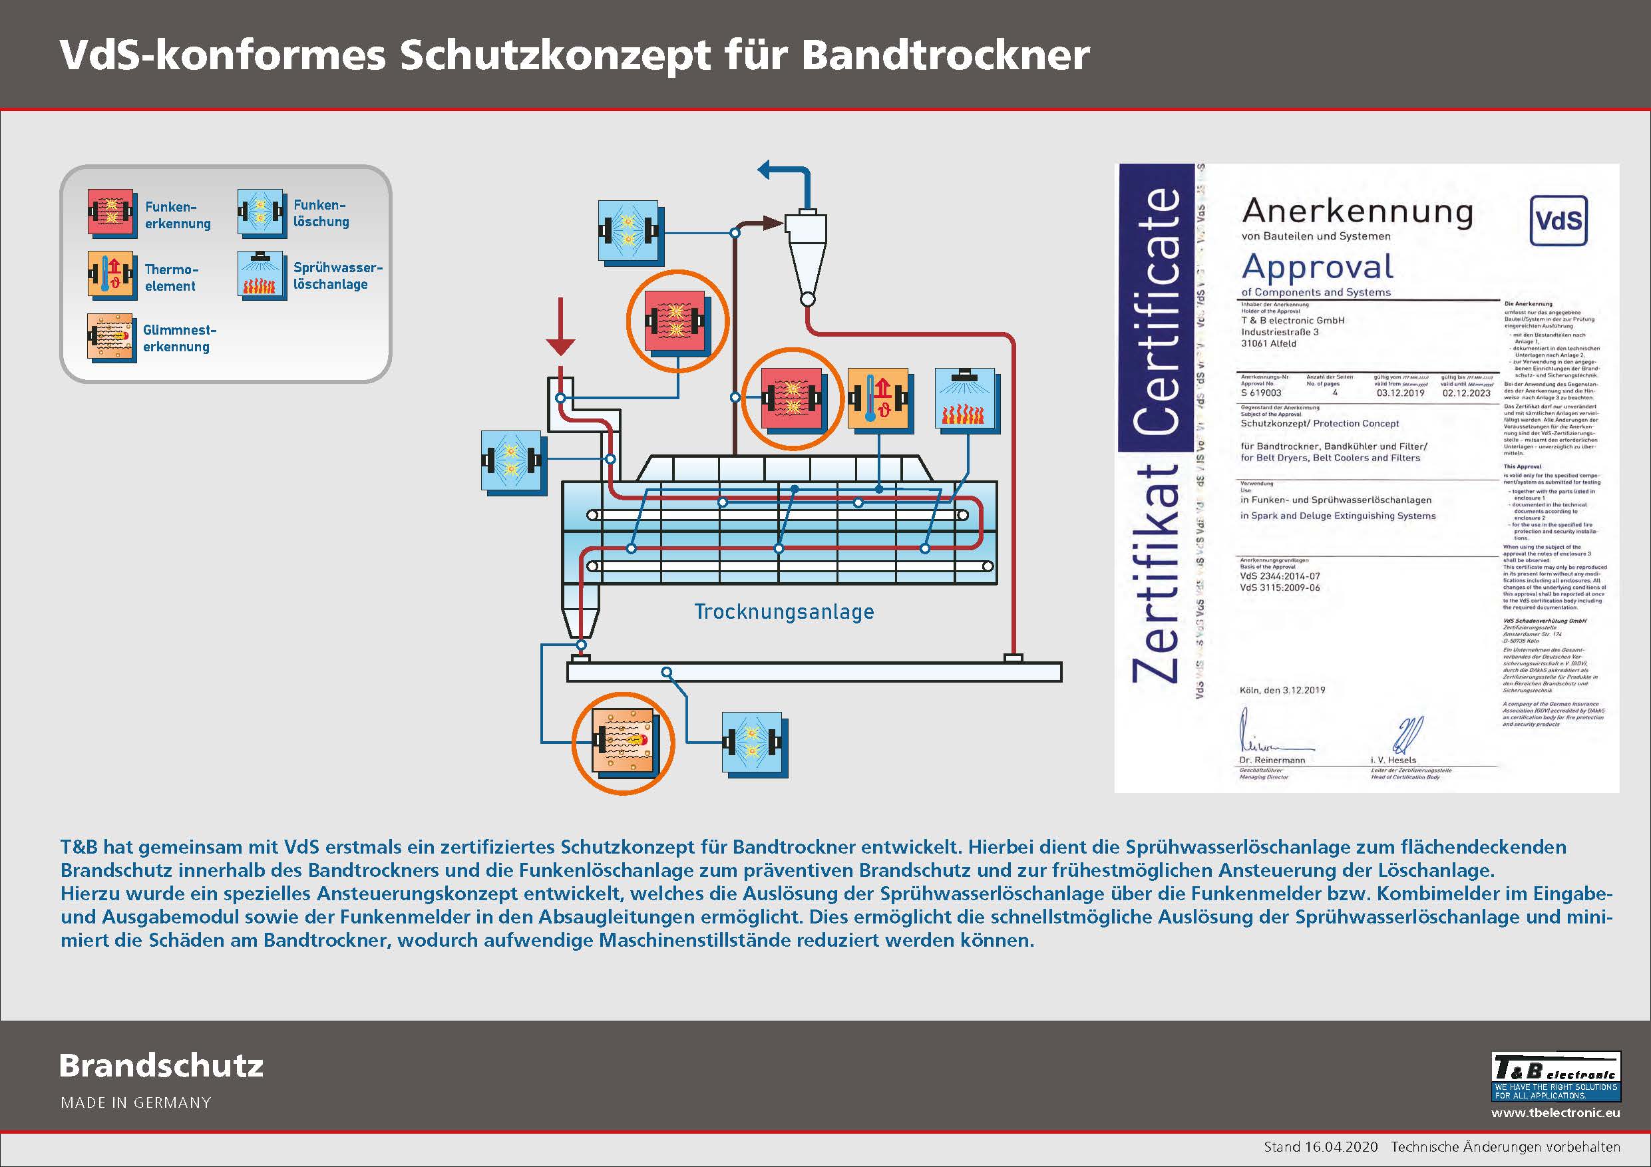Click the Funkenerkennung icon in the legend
click(x=111, y=213)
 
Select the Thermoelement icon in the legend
click(x=111, y=275)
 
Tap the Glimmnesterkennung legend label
click(x=179, y=338)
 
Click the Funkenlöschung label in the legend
click(x=321, y=214)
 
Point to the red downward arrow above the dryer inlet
click(x=560, y=327)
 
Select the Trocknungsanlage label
click(x=784, y=612)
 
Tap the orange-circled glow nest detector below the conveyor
click(x=624, y=743)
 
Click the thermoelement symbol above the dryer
click(x=878, y=399)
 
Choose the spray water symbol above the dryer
click(x=964, y=399)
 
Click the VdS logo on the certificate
click(x=1558, y=220)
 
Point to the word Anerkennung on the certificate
click(x=1357, y=212)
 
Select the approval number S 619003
click(x=1260, y=393)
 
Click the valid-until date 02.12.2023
click(x=1466, y=393)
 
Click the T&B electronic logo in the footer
click(x=1555, y=1076)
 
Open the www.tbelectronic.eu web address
click(x=1555, y=1113)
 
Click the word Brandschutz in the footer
click(x=162, y=1066)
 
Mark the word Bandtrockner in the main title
click(x=945, y=55)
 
